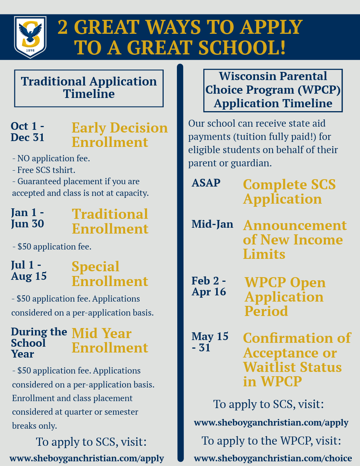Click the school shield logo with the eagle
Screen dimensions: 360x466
(x=30, y=37)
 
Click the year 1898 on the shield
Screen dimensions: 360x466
(x=30, y=51)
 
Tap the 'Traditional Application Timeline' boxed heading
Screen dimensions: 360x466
(x=89, y=88)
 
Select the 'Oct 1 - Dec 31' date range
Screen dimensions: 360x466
(x=28, y=132)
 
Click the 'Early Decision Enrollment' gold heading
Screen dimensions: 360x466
(x=120, y=134)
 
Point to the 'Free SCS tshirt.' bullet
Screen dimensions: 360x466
(x=44, y=170)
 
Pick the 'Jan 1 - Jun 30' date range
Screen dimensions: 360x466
(x=28, y=218)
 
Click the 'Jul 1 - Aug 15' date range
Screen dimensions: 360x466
(x=29, y=270)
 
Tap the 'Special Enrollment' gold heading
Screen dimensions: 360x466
(x=110, y=274)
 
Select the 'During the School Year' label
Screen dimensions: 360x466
(x=39, y=343)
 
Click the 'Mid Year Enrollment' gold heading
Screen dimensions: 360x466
(x=110, y=340)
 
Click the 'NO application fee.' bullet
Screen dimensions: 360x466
(x=51, y=159)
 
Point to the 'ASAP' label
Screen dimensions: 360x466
(x=206, y=183)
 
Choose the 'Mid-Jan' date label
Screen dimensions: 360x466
(x=213, y=224)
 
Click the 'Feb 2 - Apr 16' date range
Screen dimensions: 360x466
(x=209, y=286)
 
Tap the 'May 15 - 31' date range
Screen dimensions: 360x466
(x=210, y=342)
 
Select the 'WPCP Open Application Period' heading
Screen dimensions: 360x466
(x=285, y=297)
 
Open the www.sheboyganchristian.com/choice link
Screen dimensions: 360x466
(x=273, y=458)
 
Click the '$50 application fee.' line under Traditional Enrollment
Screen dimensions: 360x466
(x=52, y=247)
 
